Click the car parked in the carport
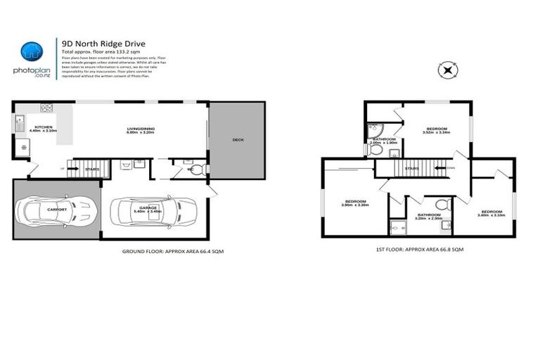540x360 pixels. [56, 210]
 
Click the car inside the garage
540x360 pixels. [153, 209]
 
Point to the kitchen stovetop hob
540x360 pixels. [47, 108]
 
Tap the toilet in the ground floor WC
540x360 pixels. [197, 169]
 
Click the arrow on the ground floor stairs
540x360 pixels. [72, 169]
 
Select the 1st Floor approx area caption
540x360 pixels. [419, 249]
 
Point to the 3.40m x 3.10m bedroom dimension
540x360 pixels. [491, 214]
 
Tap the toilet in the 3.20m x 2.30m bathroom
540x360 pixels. [441, 205]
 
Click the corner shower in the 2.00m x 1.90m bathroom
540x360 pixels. [372, 131]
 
